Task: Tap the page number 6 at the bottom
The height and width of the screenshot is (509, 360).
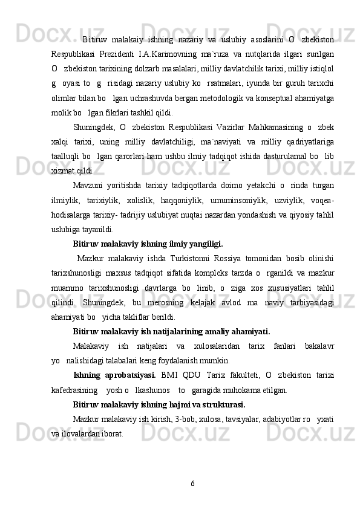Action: [192, 484]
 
